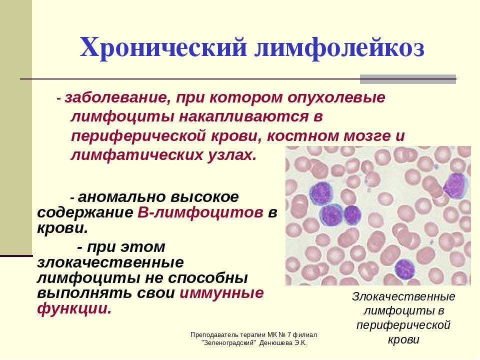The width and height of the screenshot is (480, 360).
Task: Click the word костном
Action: (303, 136)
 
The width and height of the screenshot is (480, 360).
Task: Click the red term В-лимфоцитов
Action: (200, 212)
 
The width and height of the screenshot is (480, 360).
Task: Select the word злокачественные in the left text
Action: (110, 262)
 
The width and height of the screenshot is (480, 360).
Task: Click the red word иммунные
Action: (221, 293)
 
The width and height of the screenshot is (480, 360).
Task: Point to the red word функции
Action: (74, 308)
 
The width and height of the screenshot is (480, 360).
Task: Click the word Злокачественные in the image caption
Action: (403, 296)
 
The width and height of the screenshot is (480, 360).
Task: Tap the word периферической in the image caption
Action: (403, 325)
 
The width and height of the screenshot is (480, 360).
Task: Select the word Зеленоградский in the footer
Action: (229, 343)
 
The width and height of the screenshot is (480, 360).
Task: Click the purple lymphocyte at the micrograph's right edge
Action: (455, 185)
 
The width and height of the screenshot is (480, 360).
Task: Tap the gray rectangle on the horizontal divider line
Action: (408, 79)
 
